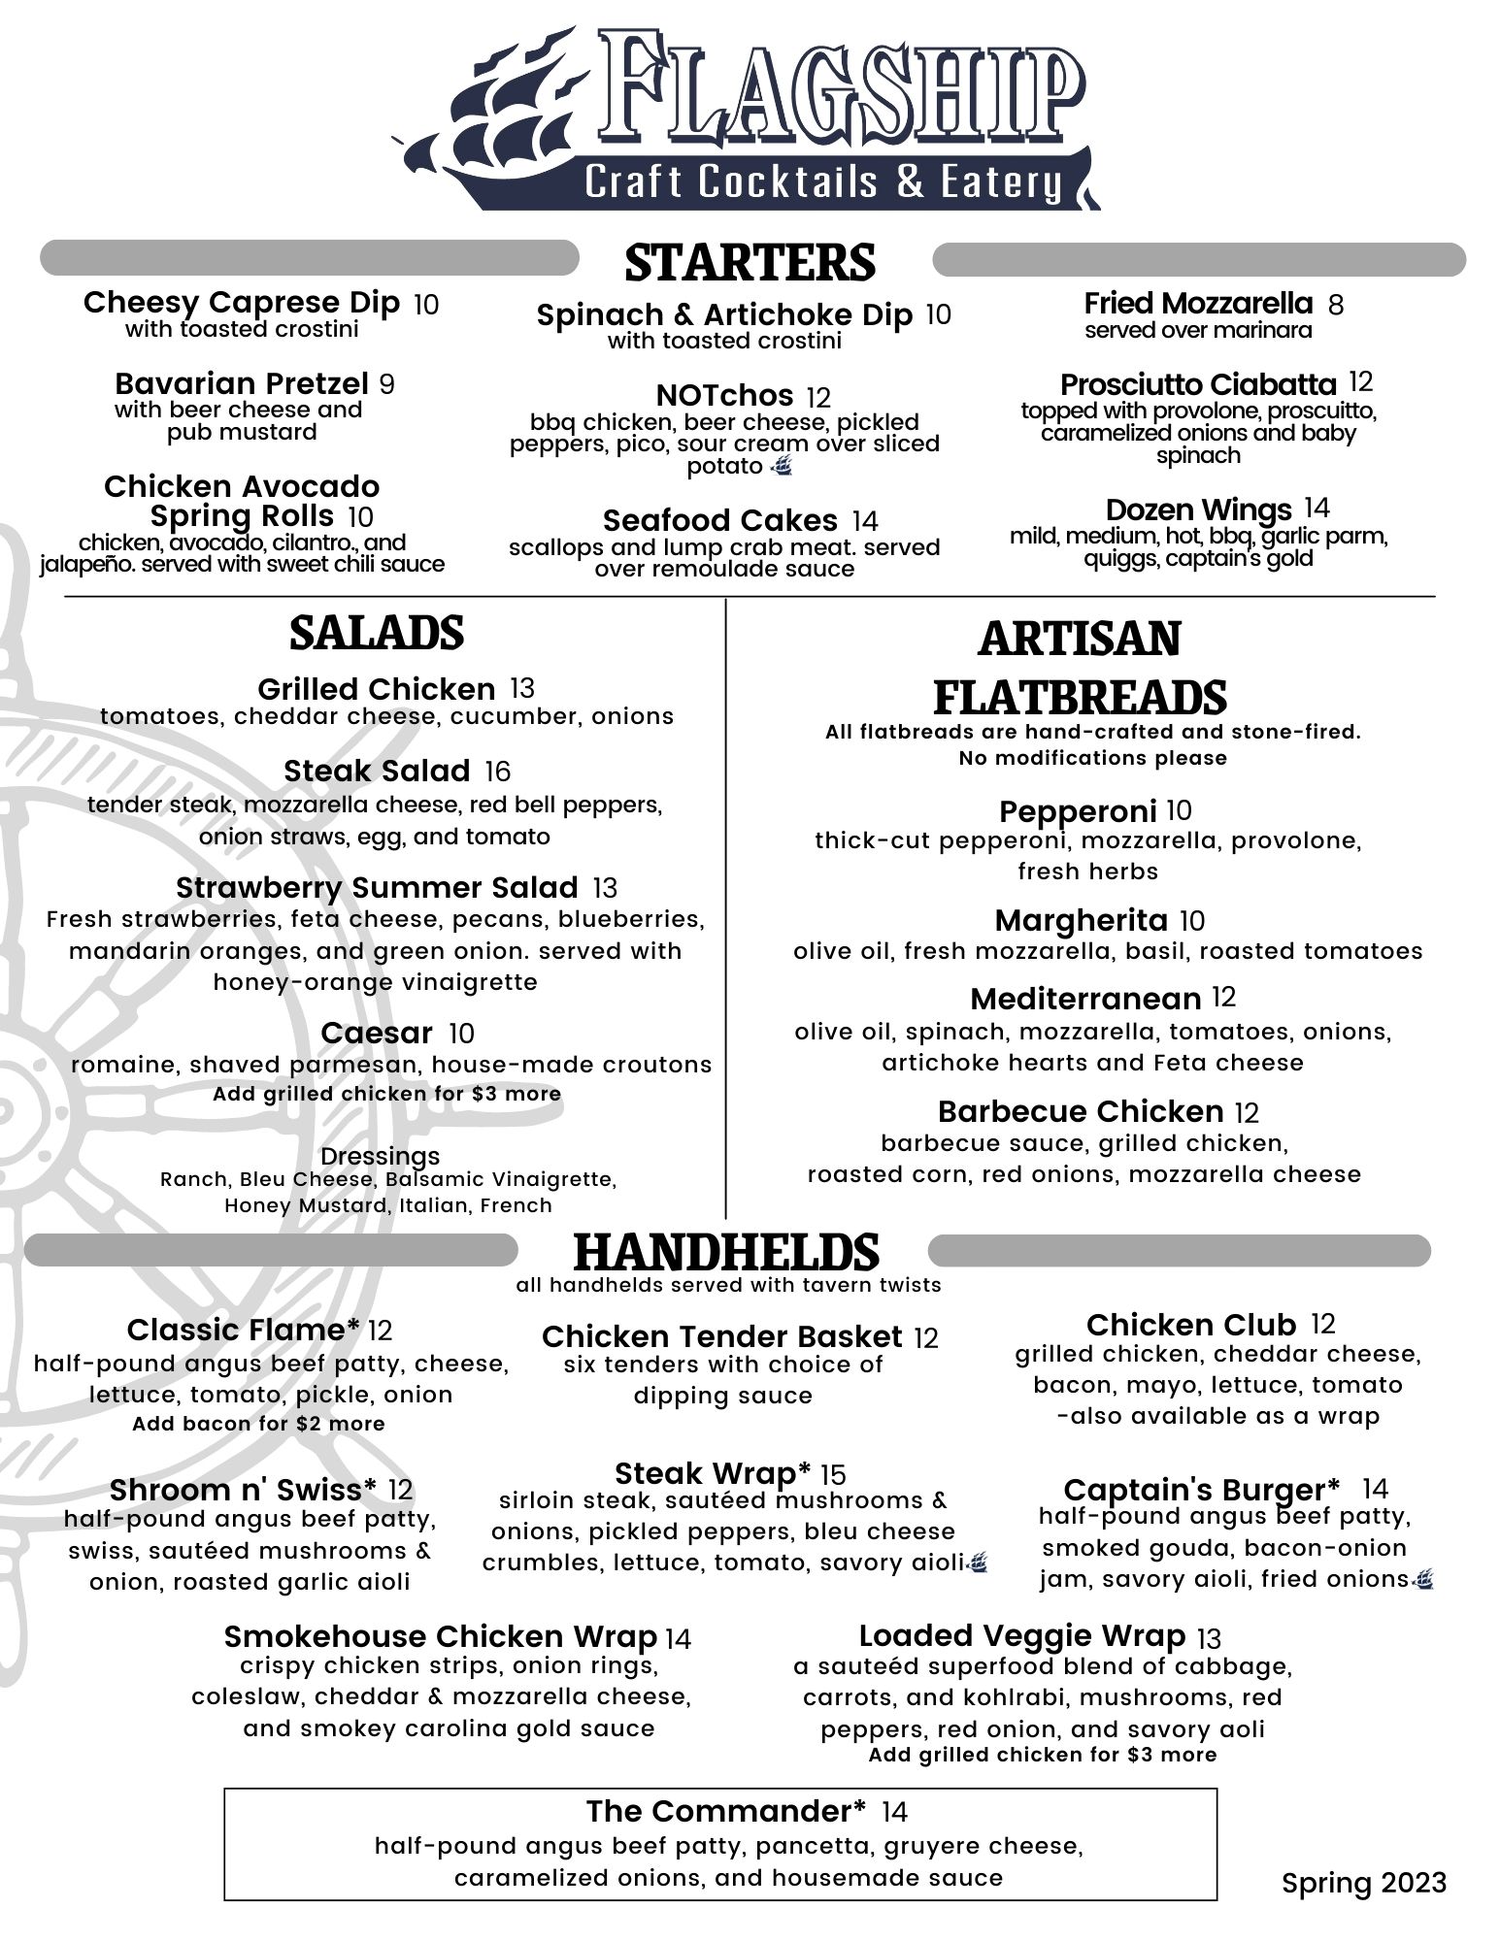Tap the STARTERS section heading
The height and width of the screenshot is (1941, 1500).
coord(750,262)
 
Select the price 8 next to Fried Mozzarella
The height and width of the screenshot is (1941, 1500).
coord(1336,305)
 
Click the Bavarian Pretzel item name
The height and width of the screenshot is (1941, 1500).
coord(242,383)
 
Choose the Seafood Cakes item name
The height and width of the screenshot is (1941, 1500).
coord(719,520)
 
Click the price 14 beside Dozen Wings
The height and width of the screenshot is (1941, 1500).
coord(1317,509)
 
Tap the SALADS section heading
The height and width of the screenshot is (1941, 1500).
coord(377,632)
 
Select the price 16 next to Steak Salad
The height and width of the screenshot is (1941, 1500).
coord(497,772)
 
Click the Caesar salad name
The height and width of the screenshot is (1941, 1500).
coord(377,1033)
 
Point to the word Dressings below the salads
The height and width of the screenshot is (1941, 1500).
coord(380,1156)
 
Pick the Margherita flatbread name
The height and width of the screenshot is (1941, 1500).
coord(1081,920)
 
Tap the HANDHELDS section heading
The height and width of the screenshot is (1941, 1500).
coord(726,1251)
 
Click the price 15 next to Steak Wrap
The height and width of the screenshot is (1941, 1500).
coord(833,1475)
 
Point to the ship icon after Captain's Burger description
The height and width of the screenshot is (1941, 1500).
coord(1424,1580)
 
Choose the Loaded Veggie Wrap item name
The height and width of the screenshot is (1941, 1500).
coord(1022,1636)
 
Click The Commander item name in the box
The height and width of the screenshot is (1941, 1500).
coord(725,1811)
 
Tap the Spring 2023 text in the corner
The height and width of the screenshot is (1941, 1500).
coord(1363,1883)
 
